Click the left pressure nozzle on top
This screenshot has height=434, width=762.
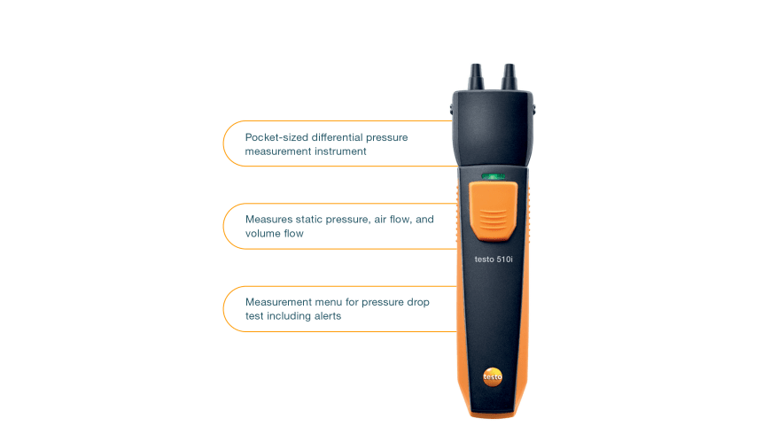click(477, 77)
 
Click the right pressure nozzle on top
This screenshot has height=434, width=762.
click(509, 77)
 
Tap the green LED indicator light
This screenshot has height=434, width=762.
click(493, 176)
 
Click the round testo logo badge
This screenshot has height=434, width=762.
click(493, 376)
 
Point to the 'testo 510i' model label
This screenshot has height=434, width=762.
click(494, 259)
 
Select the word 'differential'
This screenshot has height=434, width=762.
click(337, 137)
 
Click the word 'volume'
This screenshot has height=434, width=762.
click(263, 234)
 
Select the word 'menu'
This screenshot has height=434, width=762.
click(328, 302)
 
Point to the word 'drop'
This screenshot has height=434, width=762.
click(418, 302)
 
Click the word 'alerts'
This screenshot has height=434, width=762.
click(328, 316)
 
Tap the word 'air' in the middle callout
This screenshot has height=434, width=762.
click(380, 220)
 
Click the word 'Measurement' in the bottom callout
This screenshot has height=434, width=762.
click(278, 302)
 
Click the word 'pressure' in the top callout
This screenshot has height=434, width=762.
click(387, 138)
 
